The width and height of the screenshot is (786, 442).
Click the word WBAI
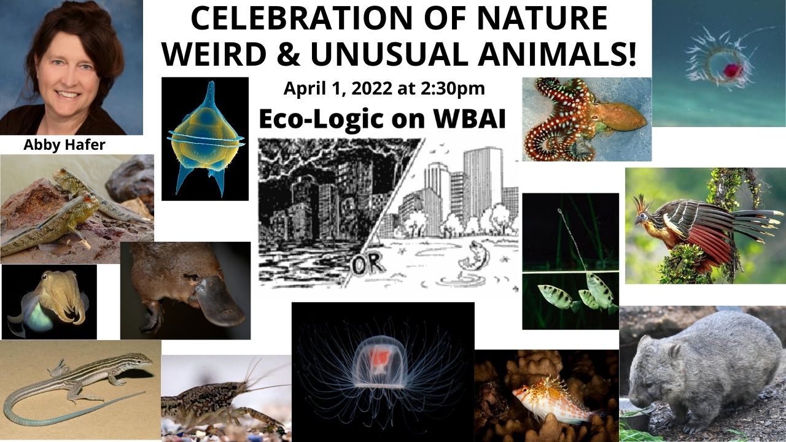pos(470,119)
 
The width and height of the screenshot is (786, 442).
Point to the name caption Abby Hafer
pos(64,144)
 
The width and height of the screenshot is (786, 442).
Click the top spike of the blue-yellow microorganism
pos(211,92)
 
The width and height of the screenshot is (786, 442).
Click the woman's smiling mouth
pos(68,94)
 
